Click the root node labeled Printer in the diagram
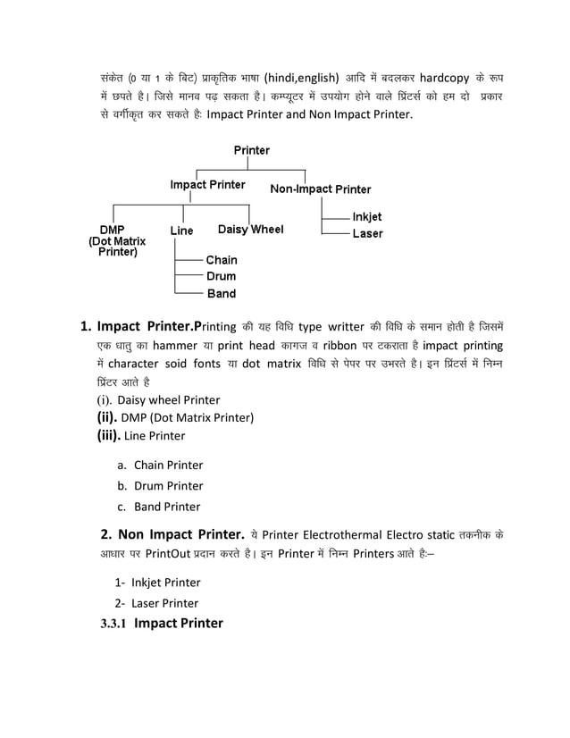251,150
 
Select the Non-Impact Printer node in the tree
320,189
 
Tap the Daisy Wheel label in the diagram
250,230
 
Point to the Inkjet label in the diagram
366,216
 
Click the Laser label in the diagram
367,233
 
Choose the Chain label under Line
222,259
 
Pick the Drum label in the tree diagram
222,276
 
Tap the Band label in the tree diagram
222,293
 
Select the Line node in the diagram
181,231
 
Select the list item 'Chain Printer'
168,465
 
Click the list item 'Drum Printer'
168,486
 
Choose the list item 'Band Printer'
167,507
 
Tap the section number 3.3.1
113,624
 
